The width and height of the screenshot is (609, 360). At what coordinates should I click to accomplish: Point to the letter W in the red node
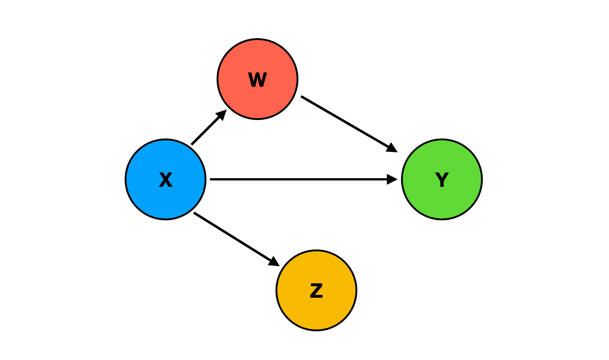tap(257, 80)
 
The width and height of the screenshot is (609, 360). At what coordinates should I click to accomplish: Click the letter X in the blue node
tap(165, 180)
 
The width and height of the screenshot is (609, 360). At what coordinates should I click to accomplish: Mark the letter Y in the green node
tap(442, 180)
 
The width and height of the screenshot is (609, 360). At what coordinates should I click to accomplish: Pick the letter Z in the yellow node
tap(316, 291)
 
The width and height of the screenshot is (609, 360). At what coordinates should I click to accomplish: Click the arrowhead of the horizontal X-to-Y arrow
tap(393, 179)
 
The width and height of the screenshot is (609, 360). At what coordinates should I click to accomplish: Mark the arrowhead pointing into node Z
tap(275, 262)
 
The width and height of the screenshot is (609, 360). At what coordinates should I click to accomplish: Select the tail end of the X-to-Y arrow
tap(212, 179)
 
